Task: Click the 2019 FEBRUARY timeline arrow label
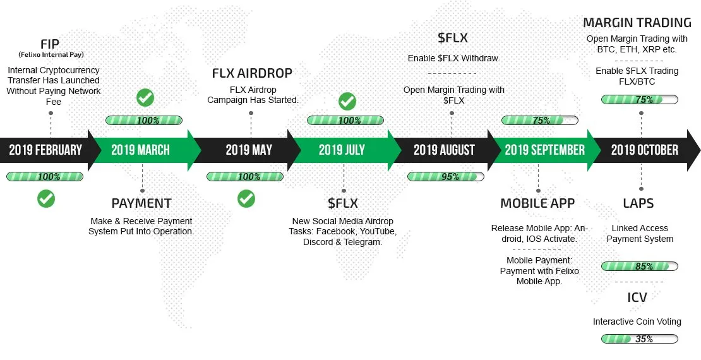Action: [x=45, y=150]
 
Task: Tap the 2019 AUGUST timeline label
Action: [x=444, y=150]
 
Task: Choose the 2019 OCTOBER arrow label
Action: [x=645, y=150]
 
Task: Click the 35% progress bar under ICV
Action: [x=639, y=339]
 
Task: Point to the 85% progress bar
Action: [x=639, y=267]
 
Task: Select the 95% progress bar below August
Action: [x=446, y=177]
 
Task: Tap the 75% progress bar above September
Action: [x=539, y=120]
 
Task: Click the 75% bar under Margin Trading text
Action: [x=639, y=99]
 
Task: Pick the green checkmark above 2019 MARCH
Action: [x=145, y=97]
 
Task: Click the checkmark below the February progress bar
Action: [x=46, y=198]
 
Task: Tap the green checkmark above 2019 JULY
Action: [x=347, y=102]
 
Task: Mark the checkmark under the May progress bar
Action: [x=246, y=198]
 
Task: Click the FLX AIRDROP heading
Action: [x=252, y=73]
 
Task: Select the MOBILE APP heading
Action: [x=537, y=203]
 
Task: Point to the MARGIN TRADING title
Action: [x=637, y=23]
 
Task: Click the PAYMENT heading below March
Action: [x=141, y=203]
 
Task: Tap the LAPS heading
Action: [x=638, y=203]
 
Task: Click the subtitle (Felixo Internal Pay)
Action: [x=51, y=55]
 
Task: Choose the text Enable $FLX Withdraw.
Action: [x=454, y=59]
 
